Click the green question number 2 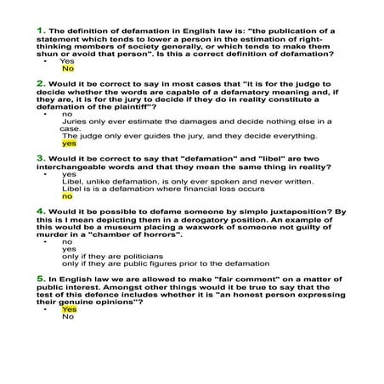(41, 83)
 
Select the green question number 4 (41, 209)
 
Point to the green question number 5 (41, 278)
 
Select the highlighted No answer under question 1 (68, 69)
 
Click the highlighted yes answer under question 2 (69, 144)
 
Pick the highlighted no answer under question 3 (67, 195)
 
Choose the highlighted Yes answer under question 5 (69, 309)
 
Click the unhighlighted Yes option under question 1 (68, 61)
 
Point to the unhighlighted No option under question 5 (68, 317)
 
